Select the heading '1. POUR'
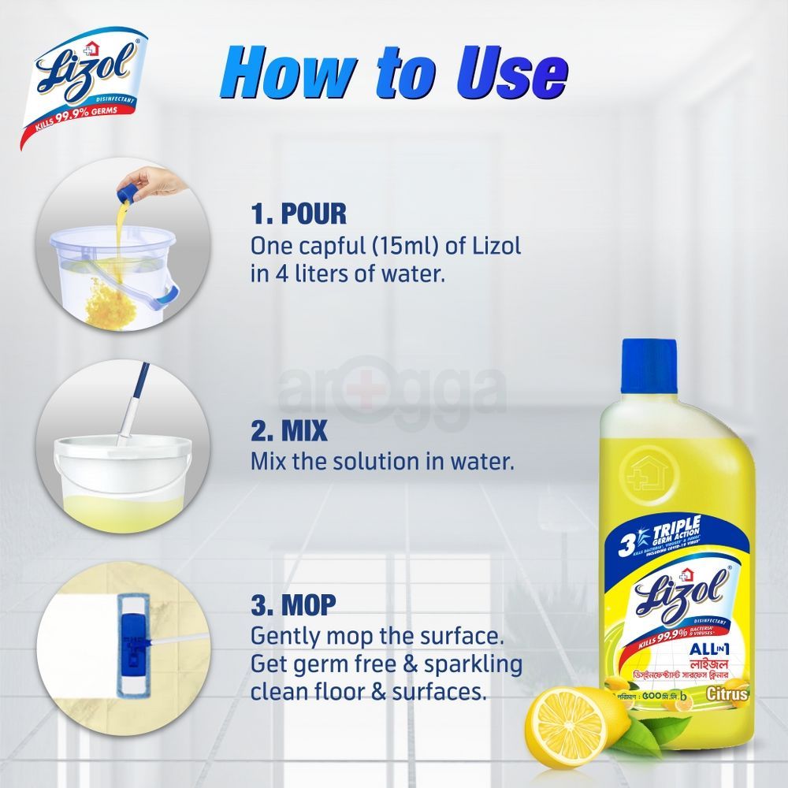299,215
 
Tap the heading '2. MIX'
288,432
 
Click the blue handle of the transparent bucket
170,293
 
